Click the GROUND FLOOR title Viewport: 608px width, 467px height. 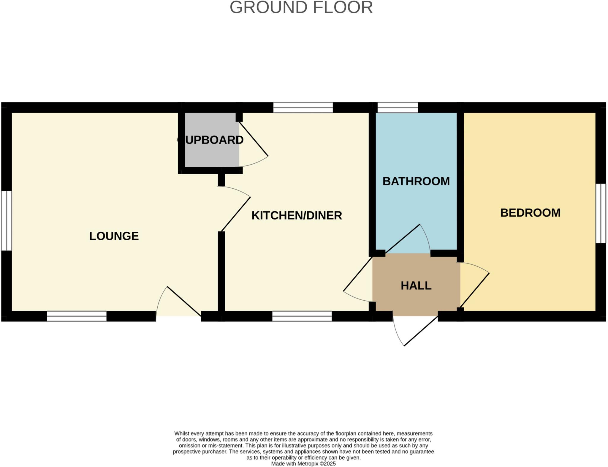(301, 8)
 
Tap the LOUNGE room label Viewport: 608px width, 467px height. (114, 236)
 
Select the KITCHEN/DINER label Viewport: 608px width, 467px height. (297, 216)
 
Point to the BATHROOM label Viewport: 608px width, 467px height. (416, 181)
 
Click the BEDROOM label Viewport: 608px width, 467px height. (530, 213)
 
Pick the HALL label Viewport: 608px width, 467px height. (416, 285)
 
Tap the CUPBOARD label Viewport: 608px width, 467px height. (210, 140)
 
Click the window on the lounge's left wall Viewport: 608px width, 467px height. (6, 220)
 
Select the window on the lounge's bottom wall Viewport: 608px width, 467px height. (77, 316)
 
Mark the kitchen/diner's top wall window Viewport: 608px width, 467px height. (303, 108)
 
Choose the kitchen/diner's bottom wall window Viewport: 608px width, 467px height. (302, 316)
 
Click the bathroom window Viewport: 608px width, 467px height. (398, 108)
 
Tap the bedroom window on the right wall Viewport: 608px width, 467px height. (601, 213)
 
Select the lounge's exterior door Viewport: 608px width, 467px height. (184, 301)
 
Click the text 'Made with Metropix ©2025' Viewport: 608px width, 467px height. (303, 463)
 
